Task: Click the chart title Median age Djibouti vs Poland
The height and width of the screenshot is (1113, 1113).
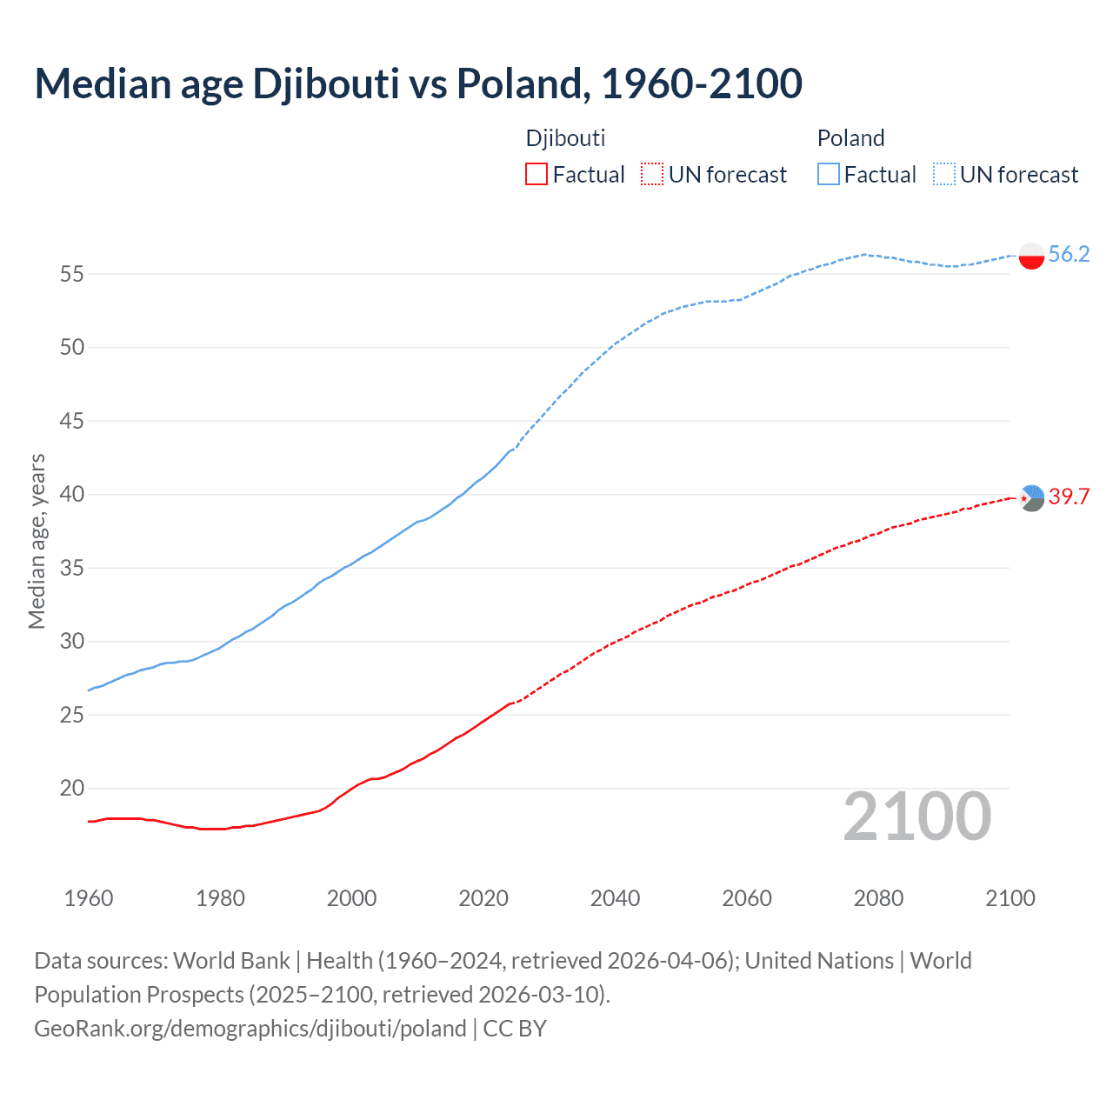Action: [417, 84]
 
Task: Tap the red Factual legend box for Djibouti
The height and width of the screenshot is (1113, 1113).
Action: [537, 175]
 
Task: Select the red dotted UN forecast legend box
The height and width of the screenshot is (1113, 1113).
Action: [652, 175]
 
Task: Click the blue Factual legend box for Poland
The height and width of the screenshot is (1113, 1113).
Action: [828, 175]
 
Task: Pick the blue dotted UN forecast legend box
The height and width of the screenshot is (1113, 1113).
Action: [944, 175]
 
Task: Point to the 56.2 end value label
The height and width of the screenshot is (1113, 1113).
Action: [1069, 254]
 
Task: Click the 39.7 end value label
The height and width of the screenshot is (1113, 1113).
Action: [1069, 497]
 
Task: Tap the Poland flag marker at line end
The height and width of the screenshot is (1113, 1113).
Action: [1031, 256]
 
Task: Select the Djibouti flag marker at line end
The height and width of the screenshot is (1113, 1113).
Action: [1031, 498]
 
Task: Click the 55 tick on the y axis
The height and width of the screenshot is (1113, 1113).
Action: [72, 275]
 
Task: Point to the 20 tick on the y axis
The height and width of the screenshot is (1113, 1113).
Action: [72, 789]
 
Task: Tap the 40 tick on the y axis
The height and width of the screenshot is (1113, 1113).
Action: [72, 495]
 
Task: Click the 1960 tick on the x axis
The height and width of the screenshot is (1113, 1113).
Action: [89, 898]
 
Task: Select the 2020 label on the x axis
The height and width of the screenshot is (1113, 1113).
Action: [483, 898]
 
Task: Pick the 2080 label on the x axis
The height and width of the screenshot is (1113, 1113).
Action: [878, 898]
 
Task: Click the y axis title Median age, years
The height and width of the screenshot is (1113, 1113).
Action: [37, 541]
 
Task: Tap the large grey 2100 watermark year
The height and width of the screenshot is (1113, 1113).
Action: [916, 816]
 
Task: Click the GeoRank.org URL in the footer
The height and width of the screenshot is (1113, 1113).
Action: [250, 1029]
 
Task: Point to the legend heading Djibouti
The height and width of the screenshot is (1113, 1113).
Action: [565, 138]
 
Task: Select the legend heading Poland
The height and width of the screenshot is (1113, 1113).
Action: [850, 138]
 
